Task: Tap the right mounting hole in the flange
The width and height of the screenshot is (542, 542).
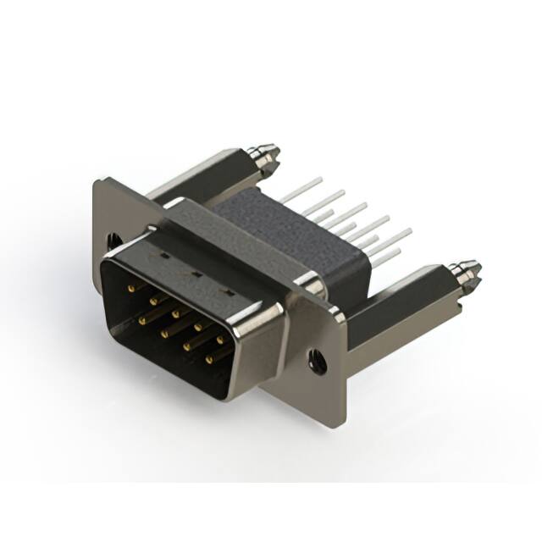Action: tap(318, 361)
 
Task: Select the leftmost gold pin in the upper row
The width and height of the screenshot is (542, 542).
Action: tap(130, 288)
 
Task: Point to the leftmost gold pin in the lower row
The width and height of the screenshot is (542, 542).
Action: tap(140, 320)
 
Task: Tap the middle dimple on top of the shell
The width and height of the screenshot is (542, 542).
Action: tap(194, 274)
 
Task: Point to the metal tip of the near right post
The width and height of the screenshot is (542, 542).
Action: tap(465, 274)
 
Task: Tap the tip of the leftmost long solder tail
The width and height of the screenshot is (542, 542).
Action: tap(321, 180)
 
